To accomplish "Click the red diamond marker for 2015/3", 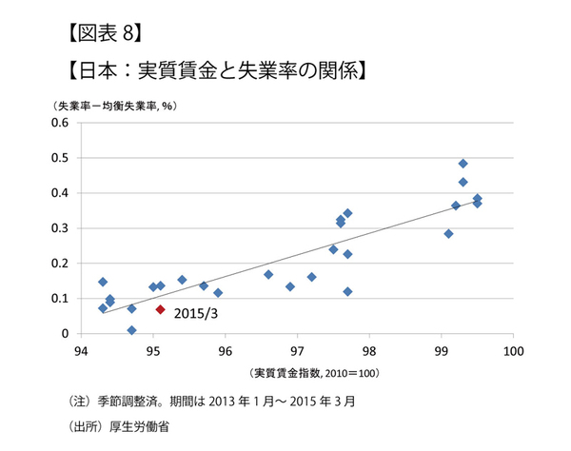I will point(161,309).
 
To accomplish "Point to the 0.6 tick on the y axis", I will point(62,123).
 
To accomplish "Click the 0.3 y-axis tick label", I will point(62,228).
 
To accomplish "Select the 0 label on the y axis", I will point(68,334).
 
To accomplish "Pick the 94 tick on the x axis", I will point(81,348).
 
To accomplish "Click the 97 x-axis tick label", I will point(297,348).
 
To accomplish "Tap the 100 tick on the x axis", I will point(513,348).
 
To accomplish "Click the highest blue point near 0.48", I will point(463,164).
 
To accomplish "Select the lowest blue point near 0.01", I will point(131,330).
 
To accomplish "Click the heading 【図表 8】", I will point(105,36).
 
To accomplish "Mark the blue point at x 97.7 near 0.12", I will point(347,291).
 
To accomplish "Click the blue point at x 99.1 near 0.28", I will point(448,233).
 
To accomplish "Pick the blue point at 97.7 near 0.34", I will point(347,213).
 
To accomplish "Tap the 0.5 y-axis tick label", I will point(62,158).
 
